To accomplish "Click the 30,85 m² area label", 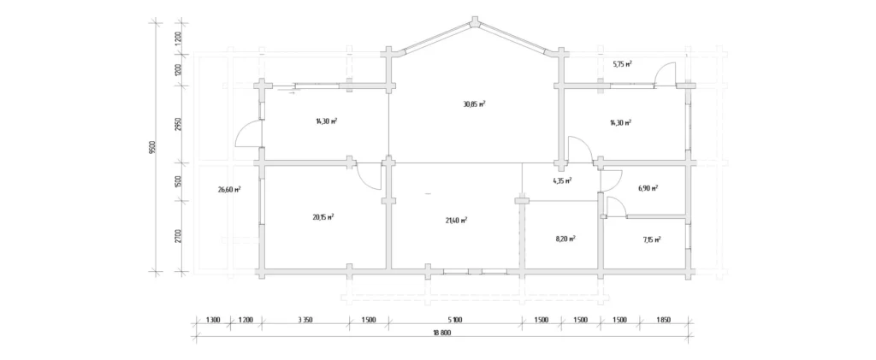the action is [x=474, y=103].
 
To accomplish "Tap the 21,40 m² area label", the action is [x=456, y=220].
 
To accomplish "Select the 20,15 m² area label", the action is [x=323, y=217].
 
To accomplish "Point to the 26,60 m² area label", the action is [x=229, y=189].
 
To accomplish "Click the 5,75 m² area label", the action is [x=622, y=64].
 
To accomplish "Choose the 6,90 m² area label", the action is [x=648, y=188].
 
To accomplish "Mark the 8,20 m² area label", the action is [x=565, y=238].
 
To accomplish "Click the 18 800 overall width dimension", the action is [x=441, y=333].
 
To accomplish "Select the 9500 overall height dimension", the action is [x=152, y=147].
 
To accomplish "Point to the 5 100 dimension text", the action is [x=455, y=320].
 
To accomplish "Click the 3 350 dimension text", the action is [x=305, y=320].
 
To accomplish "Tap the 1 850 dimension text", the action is [x=663, y=320].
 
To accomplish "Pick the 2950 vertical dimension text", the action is [x=178, y=125].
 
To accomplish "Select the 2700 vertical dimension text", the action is [x=178, y=237].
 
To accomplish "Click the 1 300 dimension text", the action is [x=213, y=320].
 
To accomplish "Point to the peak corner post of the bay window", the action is [x=476, y=21].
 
